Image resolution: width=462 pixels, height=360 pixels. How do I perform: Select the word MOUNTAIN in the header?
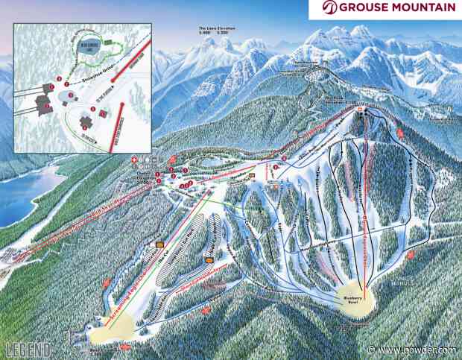pos(425,9)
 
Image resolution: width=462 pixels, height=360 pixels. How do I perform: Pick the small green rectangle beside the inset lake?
pos(110,42)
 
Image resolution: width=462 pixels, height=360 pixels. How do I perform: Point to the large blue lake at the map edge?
pos(22,190)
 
